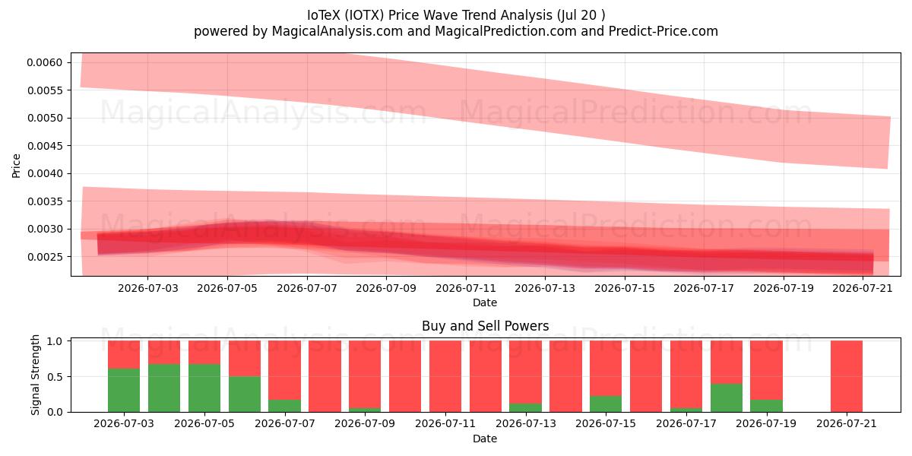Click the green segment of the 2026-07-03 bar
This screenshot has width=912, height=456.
tap(124, 390)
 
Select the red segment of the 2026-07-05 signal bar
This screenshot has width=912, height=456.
tap(204, 352)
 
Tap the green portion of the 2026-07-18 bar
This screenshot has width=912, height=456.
tap(727, 397)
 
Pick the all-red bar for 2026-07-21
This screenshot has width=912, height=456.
tap(847, 376)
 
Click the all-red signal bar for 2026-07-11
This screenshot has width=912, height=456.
tap(445, 376)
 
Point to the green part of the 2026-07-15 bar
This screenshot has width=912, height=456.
tap(606, 404)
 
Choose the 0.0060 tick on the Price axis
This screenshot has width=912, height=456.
tap(45, 62)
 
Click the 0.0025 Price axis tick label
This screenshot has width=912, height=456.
tap(45, 257)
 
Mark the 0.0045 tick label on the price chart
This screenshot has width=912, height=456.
tap(45, 146)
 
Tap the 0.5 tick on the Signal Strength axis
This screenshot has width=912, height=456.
tap(55, 377)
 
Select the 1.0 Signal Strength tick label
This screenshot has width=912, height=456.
tap(55, 341)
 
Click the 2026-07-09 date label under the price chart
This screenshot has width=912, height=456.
tap(386, 288)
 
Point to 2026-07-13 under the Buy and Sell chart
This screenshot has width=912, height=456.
tap(526, 423)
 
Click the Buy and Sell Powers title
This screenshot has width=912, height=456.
tap(486, 326)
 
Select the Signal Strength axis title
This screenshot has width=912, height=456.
tap(36, 375)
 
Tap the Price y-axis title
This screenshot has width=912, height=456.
tap(16, 166)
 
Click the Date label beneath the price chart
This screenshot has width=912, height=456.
tap(485, 302)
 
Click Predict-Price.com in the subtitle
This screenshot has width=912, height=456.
tap(663, 31)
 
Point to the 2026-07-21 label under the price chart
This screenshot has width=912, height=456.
tap(863, 288)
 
